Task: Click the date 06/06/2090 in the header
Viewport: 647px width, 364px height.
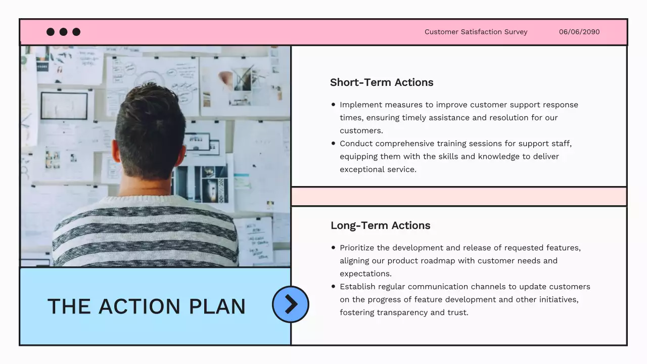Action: pos(579,32)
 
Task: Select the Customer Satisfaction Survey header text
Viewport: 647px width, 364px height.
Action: pos(476,32)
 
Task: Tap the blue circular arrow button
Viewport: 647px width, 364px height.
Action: pos(291,304)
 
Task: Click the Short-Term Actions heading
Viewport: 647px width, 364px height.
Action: pos(382,82)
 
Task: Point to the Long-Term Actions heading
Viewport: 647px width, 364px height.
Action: pos(380,225)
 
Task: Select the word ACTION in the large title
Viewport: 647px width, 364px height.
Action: pos(139,306)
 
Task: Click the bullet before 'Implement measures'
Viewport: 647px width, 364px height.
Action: pos(333,105)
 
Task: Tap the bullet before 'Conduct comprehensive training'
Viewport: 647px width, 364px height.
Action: pos(333,144)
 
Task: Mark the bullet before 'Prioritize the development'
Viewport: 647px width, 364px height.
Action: pos(333,248)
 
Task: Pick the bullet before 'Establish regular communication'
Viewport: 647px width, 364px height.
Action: pos(333,287)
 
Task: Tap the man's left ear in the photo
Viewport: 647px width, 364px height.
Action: pos(116,152)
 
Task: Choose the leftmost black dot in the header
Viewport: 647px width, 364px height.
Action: pos(51,32)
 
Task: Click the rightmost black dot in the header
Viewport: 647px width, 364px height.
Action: pos(76,32)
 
